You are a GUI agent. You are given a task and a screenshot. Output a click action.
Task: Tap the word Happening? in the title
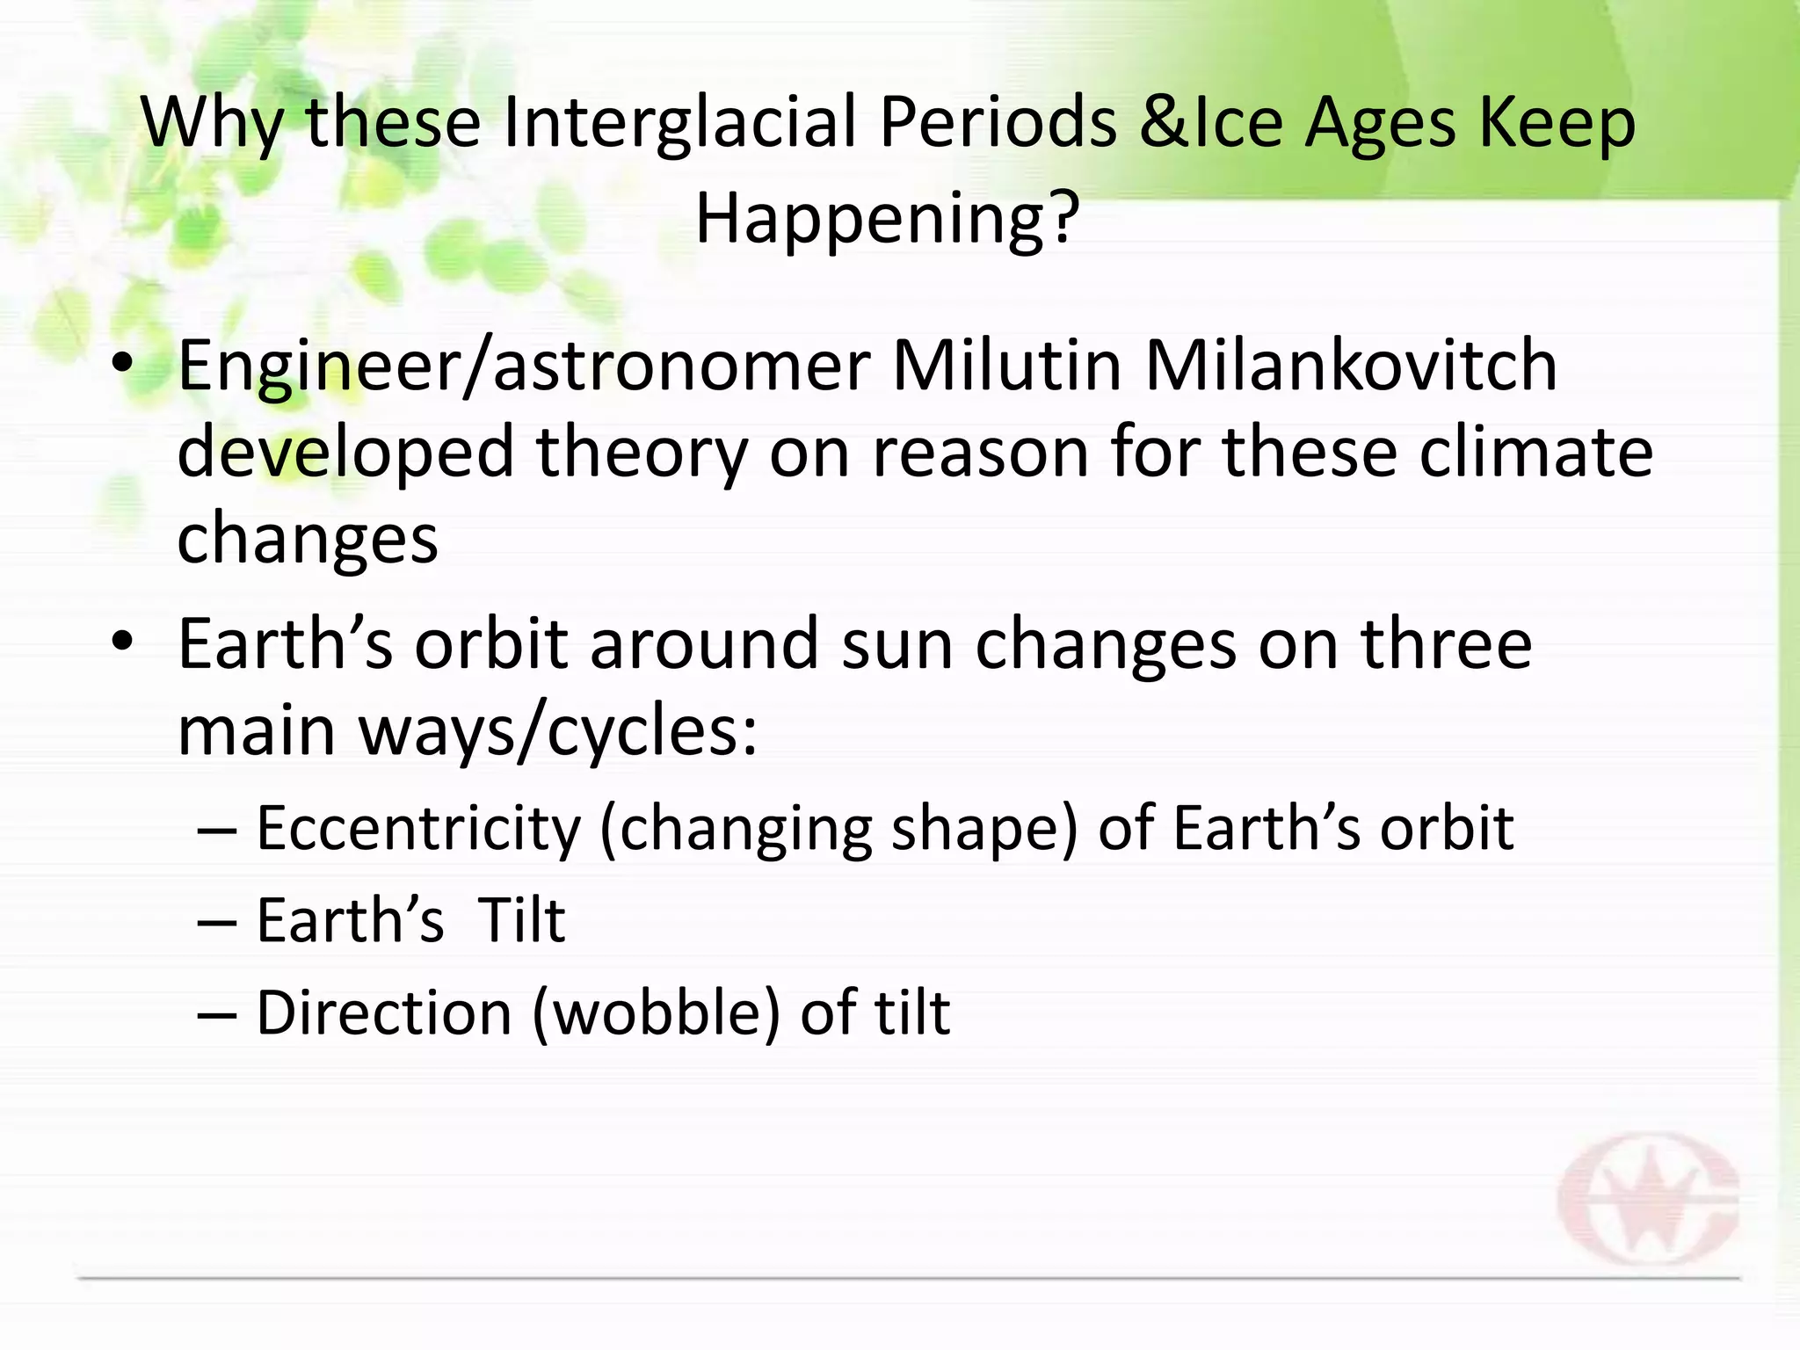[887, 220]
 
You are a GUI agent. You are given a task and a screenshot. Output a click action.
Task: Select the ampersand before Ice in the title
[1162, 123]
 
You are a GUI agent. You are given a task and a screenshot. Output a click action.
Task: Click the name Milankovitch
[1351, 366]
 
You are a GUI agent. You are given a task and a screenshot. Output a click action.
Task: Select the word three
[1447, 644]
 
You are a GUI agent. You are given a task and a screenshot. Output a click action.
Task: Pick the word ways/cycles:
[557, 732]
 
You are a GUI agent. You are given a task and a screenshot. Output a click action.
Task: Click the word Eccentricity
[418, 830]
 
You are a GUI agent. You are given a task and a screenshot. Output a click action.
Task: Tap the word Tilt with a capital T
[521, 921]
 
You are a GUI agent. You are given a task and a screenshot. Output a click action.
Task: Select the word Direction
[384, 1013]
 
